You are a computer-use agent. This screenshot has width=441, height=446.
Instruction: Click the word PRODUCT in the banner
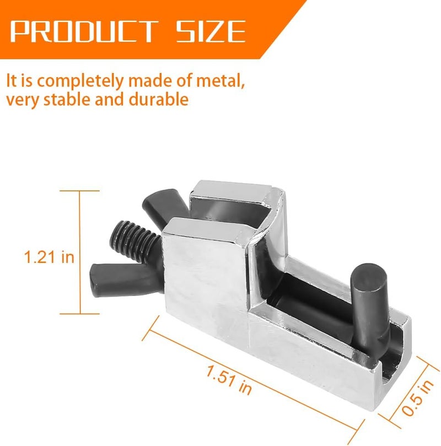click(84, 31)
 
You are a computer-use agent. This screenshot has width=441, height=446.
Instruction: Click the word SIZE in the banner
click(211, 31)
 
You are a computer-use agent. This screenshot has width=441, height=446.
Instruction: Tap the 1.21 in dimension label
click(49, 257)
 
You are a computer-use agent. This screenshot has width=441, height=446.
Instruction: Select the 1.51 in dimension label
click(229, 380)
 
